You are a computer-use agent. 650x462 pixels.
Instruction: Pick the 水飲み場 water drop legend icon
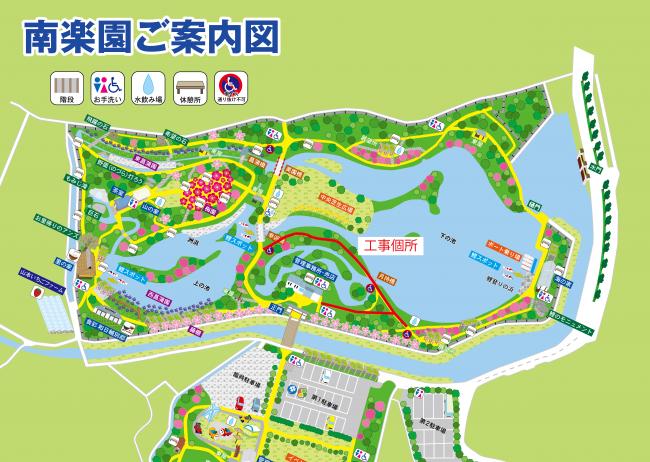coord(147,85)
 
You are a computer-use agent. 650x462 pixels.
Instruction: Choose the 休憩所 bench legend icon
coord(189,85)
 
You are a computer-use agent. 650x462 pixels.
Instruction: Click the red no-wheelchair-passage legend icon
coord(230,85)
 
